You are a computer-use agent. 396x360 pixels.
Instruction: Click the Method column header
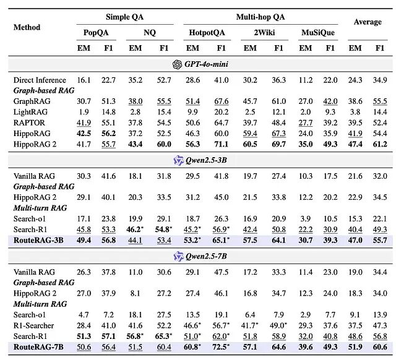click(x=27, y=27)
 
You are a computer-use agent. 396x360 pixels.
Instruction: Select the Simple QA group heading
click(x=125, y=17)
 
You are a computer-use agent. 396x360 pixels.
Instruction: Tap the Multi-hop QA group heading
click(x=260, y=17)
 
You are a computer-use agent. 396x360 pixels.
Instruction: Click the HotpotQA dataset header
click(x=207, y=33)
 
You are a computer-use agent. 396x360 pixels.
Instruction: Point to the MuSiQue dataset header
click(x=318, y=33)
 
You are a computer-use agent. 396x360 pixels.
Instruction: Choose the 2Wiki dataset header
click(x=264, y=33)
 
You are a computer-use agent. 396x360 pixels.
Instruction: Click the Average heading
click(x=368, y=22)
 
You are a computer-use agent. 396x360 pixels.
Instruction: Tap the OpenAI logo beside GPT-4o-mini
click(x=177, y=64)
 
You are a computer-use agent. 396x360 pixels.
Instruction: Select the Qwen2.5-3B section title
click(x=206, y=160)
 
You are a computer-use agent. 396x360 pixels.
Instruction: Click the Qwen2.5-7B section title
click(x=206, y=256)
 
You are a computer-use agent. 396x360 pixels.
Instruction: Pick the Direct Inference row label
click(x=40, y=80)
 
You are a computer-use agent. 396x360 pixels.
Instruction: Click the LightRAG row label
click(x=30, y=112)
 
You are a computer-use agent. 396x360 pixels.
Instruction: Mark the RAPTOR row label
click(x=29, y=122)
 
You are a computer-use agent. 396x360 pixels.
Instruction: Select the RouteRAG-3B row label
click(x=38, y=240)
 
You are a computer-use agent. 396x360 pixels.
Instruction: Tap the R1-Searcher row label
click(x=33, y=325)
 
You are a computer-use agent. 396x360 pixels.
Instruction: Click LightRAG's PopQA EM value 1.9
click(x=84, y=112)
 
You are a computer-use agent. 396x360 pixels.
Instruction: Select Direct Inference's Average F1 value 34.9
click(x=380, y=80)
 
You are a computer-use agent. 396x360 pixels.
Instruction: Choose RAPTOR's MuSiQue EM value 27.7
click(x=306, y=122)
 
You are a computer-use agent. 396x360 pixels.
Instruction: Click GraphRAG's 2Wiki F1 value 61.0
click(x=279, y=101)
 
